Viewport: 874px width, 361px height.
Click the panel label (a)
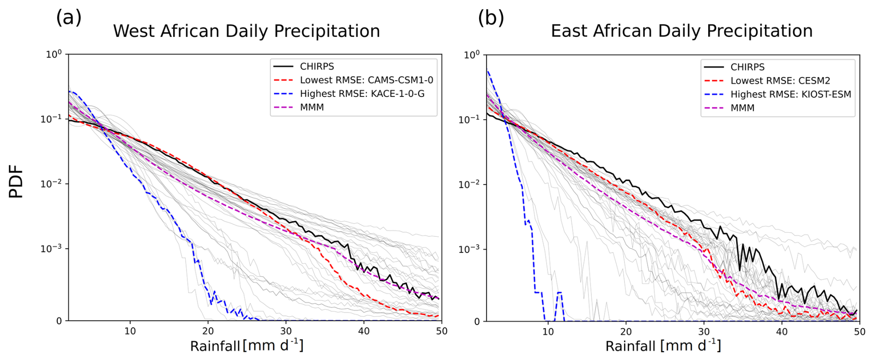tap(68, 18)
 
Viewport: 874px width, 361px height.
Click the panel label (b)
tap(491, 18)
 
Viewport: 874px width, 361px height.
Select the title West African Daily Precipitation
tap(246, 31)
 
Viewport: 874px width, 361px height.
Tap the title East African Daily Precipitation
tap(681, 31)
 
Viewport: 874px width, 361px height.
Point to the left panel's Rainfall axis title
tap(246, 346)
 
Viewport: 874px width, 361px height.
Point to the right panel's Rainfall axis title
tap(663, 346)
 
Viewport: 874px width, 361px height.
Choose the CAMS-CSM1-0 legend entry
tap(366, 80)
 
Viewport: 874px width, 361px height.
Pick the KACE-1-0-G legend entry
tap(362, 94)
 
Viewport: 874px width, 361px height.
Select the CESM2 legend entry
tap(780, 80)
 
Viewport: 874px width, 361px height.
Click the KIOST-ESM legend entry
tap(790, 94)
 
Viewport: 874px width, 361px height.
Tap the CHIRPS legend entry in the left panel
tap(316, 66)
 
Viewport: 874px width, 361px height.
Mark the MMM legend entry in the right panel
tap(742, 108)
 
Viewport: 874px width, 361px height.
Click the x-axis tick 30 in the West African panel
tap(286, 331)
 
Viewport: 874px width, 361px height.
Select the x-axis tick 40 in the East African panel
tap(782, 331)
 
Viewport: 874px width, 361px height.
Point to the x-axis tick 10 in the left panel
tap(130, 331)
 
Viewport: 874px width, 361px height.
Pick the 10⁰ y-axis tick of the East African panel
tap(471, 55)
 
